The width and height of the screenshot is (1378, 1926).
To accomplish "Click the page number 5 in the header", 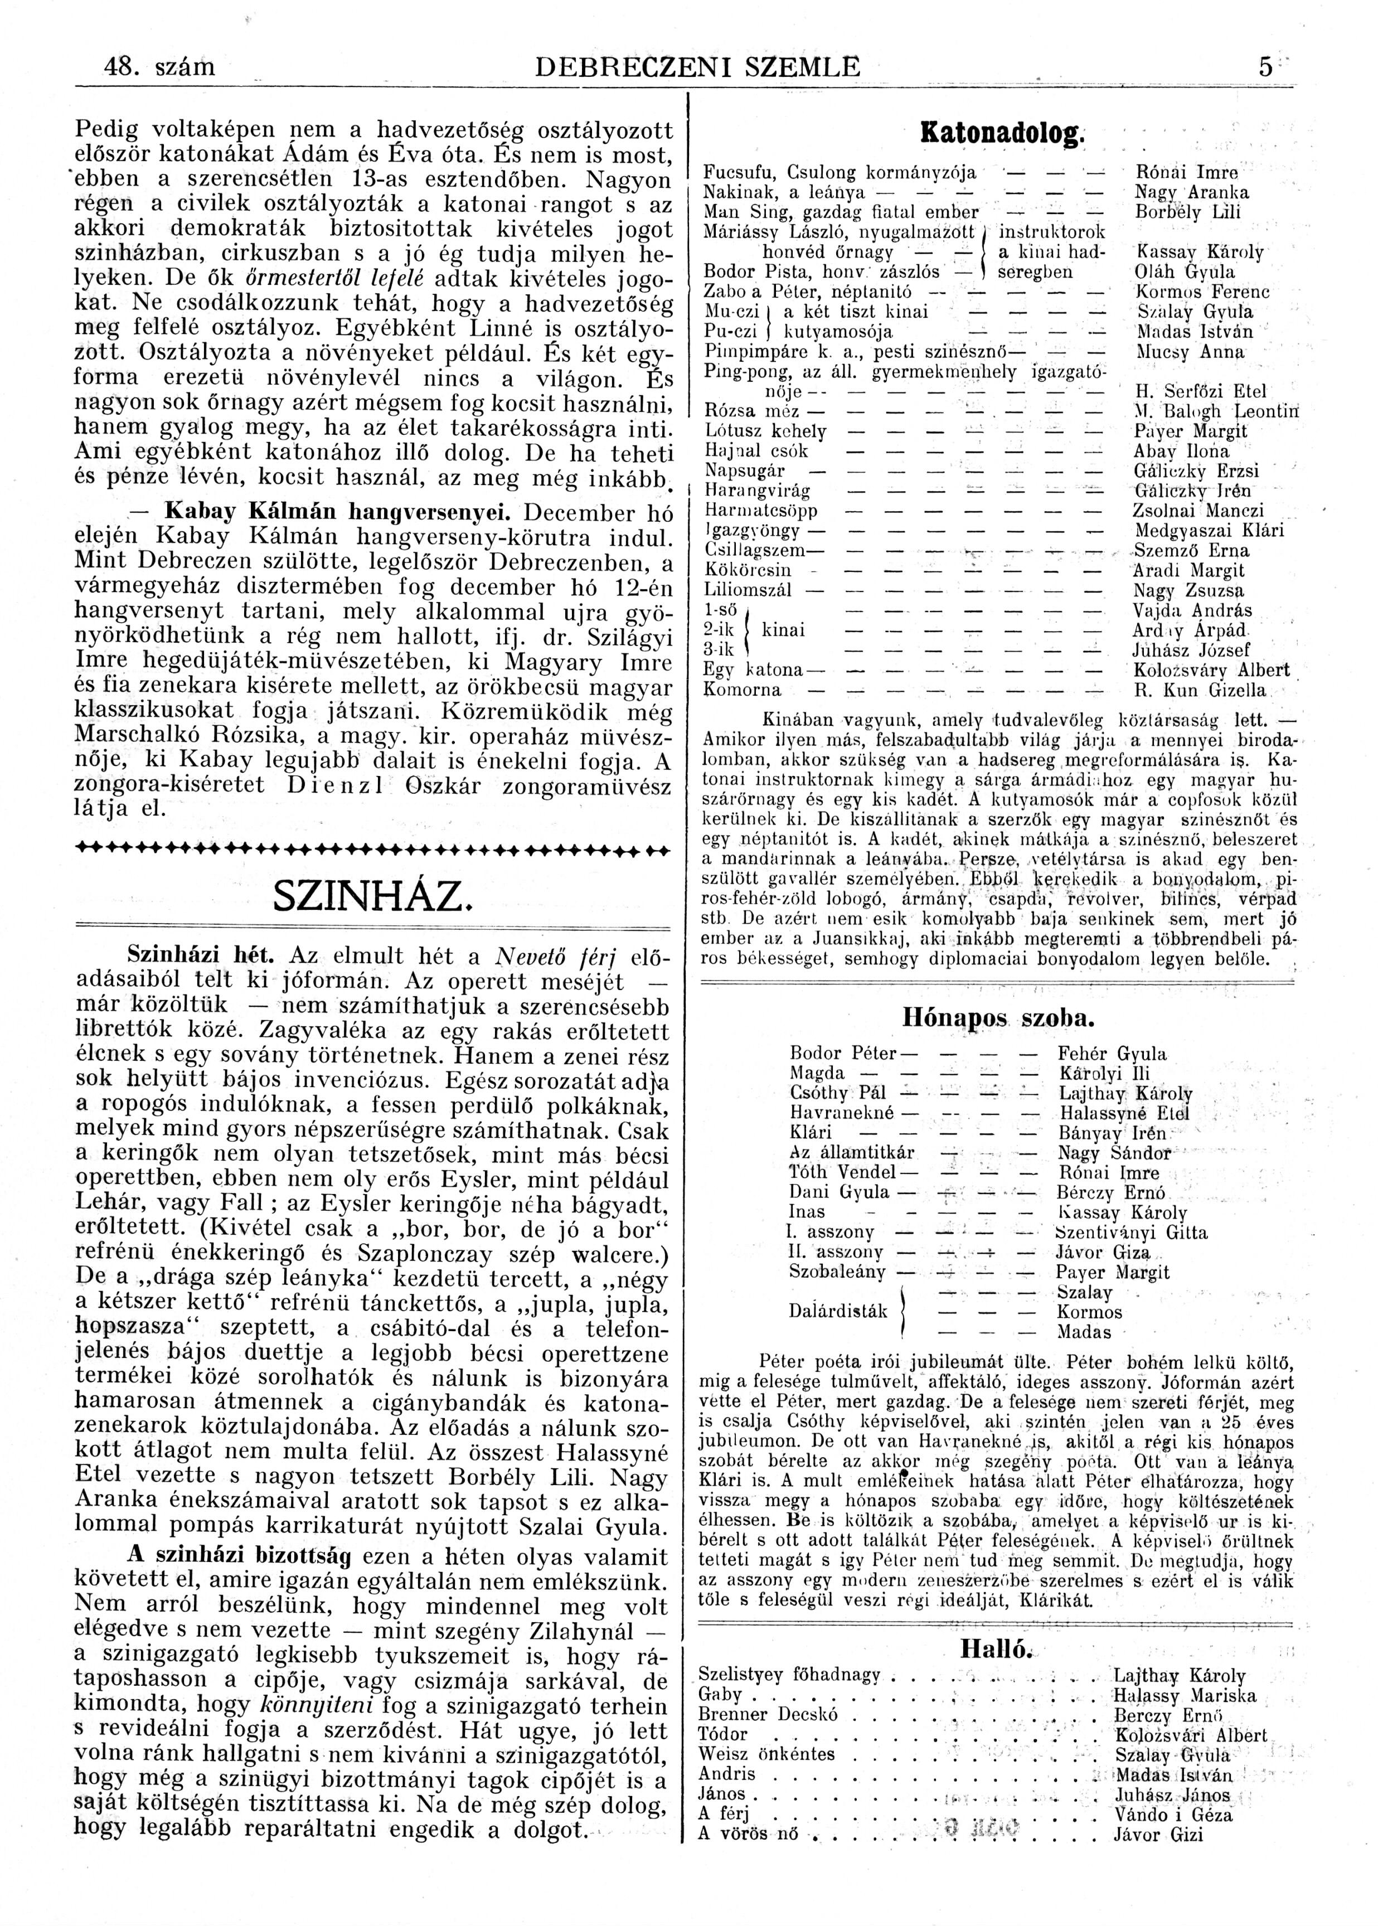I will (1265, 67).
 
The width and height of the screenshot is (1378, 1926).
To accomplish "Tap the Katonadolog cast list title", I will (1003, 133).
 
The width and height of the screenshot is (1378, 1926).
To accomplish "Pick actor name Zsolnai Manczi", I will (1197, 511).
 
